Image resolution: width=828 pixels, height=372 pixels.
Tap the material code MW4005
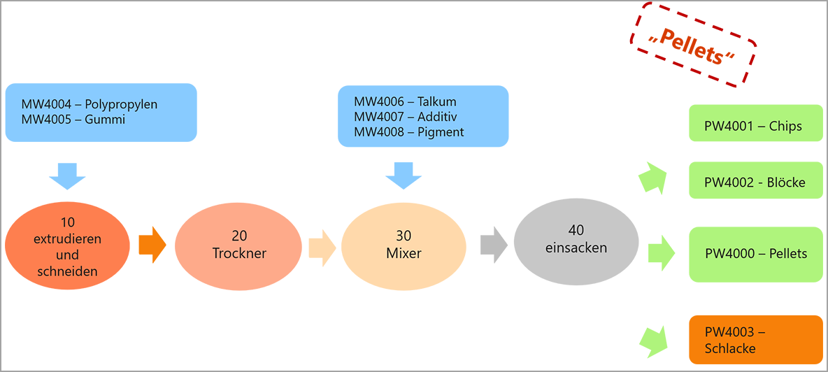click(x=44, y=120)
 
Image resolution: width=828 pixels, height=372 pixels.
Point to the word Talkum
click(x=437, y=101)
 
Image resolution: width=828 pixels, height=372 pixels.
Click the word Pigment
click(x=441, y=131)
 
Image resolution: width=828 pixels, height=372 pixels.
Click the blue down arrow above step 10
click(x=67, y=176)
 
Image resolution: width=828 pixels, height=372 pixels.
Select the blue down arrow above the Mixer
click(x=404, y=176)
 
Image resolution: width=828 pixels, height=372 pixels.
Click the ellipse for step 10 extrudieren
click(x=68, y=246)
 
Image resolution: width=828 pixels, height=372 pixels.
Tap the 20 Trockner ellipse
click(x=239, y=246)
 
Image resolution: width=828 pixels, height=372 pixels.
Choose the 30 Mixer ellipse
click(x=404, y=246)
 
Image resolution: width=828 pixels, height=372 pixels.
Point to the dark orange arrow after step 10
click(x=152, y=244)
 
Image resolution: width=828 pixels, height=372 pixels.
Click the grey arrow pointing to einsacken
click(x=494, y=245)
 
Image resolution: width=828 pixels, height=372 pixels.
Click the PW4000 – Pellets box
click(x=756, y=254)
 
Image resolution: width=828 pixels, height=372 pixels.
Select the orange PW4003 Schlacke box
click(x=756, y=340)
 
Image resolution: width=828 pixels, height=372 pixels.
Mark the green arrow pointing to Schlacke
click(x=655, y=338)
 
